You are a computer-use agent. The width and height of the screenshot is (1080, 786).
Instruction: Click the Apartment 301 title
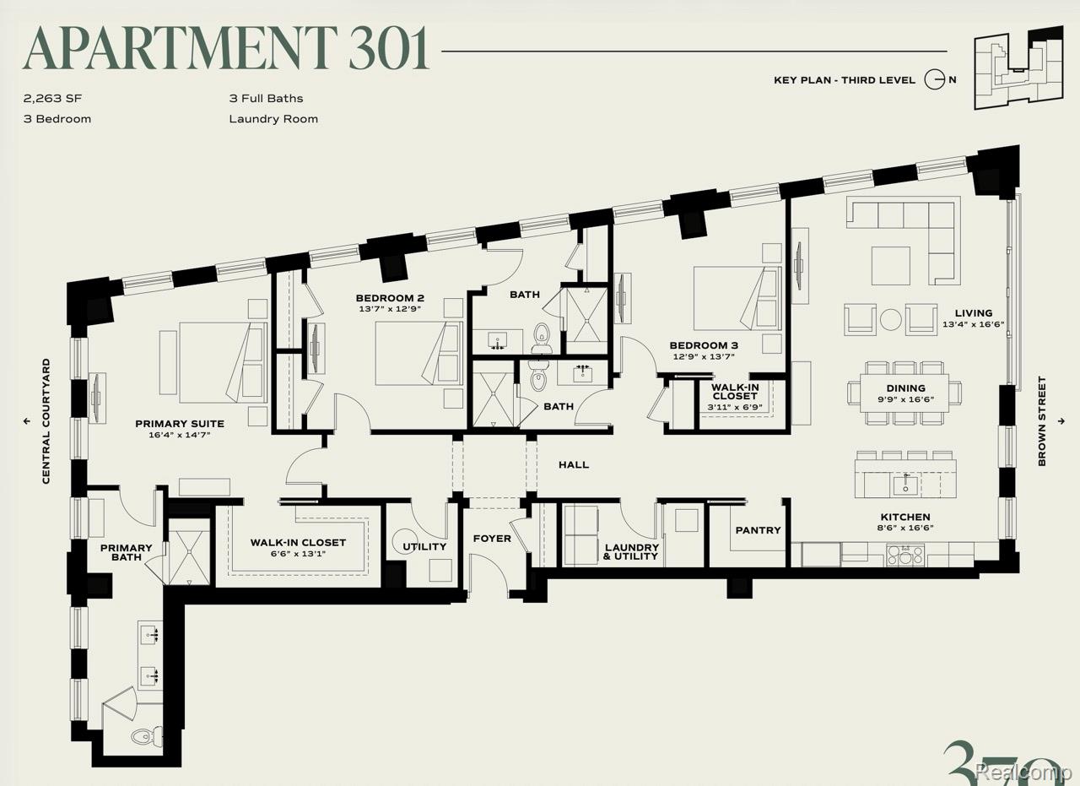tap(226, 48)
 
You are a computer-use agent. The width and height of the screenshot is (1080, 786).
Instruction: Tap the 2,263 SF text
tap(52, 99)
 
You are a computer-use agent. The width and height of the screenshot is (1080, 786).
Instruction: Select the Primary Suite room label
tap(180, 424)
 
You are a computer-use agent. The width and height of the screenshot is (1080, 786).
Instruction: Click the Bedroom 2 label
tap(390, 298)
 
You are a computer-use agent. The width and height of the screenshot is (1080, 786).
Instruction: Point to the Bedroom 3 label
tap(704, 345)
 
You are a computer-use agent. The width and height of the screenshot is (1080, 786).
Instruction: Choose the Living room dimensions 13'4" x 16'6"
tap(974, 324)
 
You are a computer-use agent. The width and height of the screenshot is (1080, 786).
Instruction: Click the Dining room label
tap(905, 388)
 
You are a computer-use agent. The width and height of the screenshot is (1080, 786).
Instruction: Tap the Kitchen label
tap(905, 517)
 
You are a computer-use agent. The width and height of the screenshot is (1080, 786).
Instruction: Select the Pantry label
tap(758, 530)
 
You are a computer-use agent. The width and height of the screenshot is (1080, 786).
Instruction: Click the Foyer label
tap(492, 539)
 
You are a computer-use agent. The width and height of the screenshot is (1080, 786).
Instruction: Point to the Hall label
tap(574, 464)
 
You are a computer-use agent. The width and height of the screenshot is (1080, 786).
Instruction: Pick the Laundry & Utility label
tap(632, 551)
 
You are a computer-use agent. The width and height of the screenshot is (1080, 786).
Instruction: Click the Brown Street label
tap(1042, 421)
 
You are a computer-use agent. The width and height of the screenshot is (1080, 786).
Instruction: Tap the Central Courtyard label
tap(46, 421)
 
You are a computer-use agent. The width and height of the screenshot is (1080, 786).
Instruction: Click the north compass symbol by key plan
tap(934, 79)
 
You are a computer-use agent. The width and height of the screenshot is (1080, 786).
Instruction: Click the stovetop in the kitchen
tap(905, 555)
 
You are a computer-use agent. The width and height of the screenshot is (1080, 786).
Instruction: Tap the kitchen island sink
tap(906, 484)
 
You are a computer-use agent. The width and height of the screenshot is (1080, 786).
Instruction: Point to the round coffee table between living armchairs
tap(890, 319)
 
